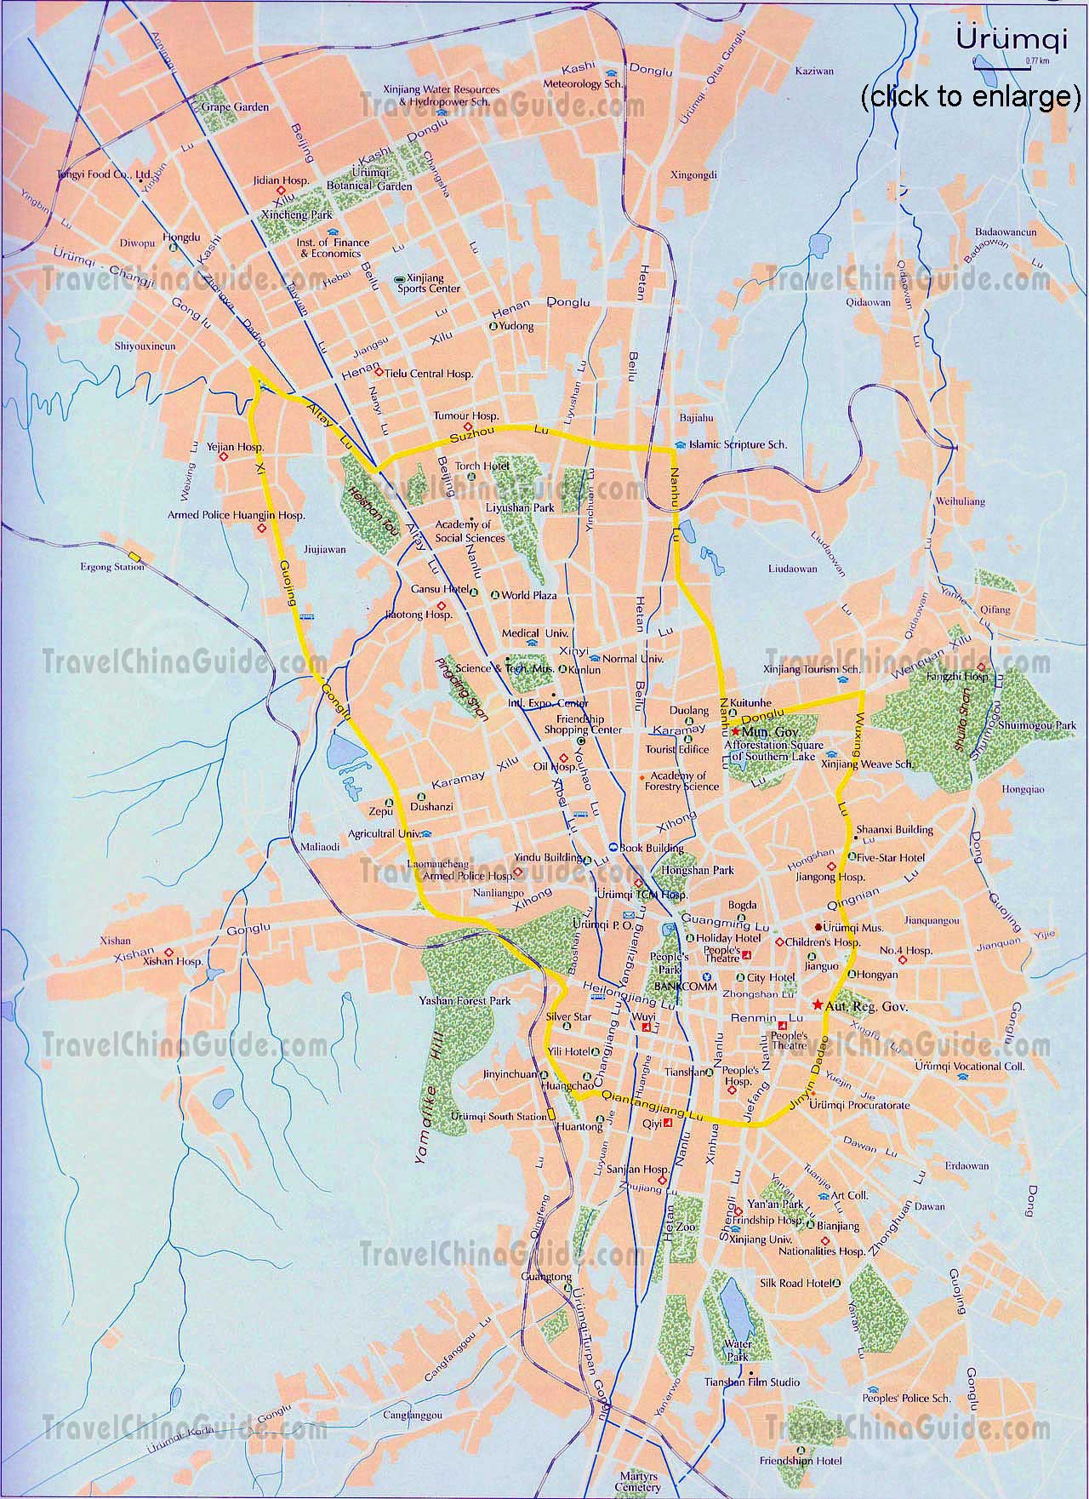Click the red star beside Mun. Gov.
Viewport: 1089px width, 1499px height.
point(734,731)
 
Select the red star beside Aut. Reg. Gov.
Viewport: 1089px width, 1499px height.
point(817,1005)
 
